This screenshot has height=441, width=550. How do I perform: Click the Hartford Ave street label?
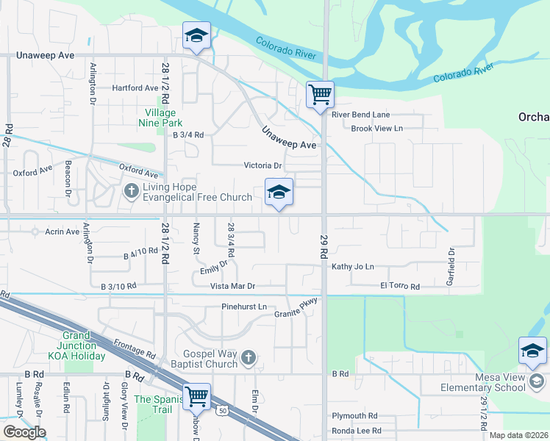(135, 87)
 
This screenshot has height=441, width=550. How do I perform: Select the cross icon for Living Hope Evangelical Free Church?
(132, 192)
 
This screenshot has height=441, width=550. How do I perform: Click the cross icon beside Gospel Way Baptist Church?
(249, 358)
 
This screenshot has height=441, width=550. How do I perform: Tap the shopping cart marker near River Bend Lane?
(321, 96)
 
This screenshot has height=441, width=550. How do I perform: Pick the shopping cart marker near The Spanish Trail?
(197, 398)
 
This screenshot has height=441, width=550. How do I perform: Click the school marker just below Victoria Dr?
(279, 194)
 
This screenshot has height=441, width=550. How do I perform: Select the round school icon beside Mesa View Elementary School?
(537, 381)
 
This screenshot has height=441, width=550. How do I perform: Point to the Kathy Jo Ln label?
(353, 267)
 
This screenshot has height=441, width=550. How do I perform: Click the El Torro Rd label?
(400, 286)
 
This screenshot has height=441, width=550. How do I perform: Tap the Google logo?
(24, 431)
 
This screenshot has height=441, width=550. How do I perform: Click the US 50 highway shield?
(222, 412)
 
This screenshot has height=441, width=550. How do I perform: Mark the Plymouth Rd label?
(354, 415)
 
